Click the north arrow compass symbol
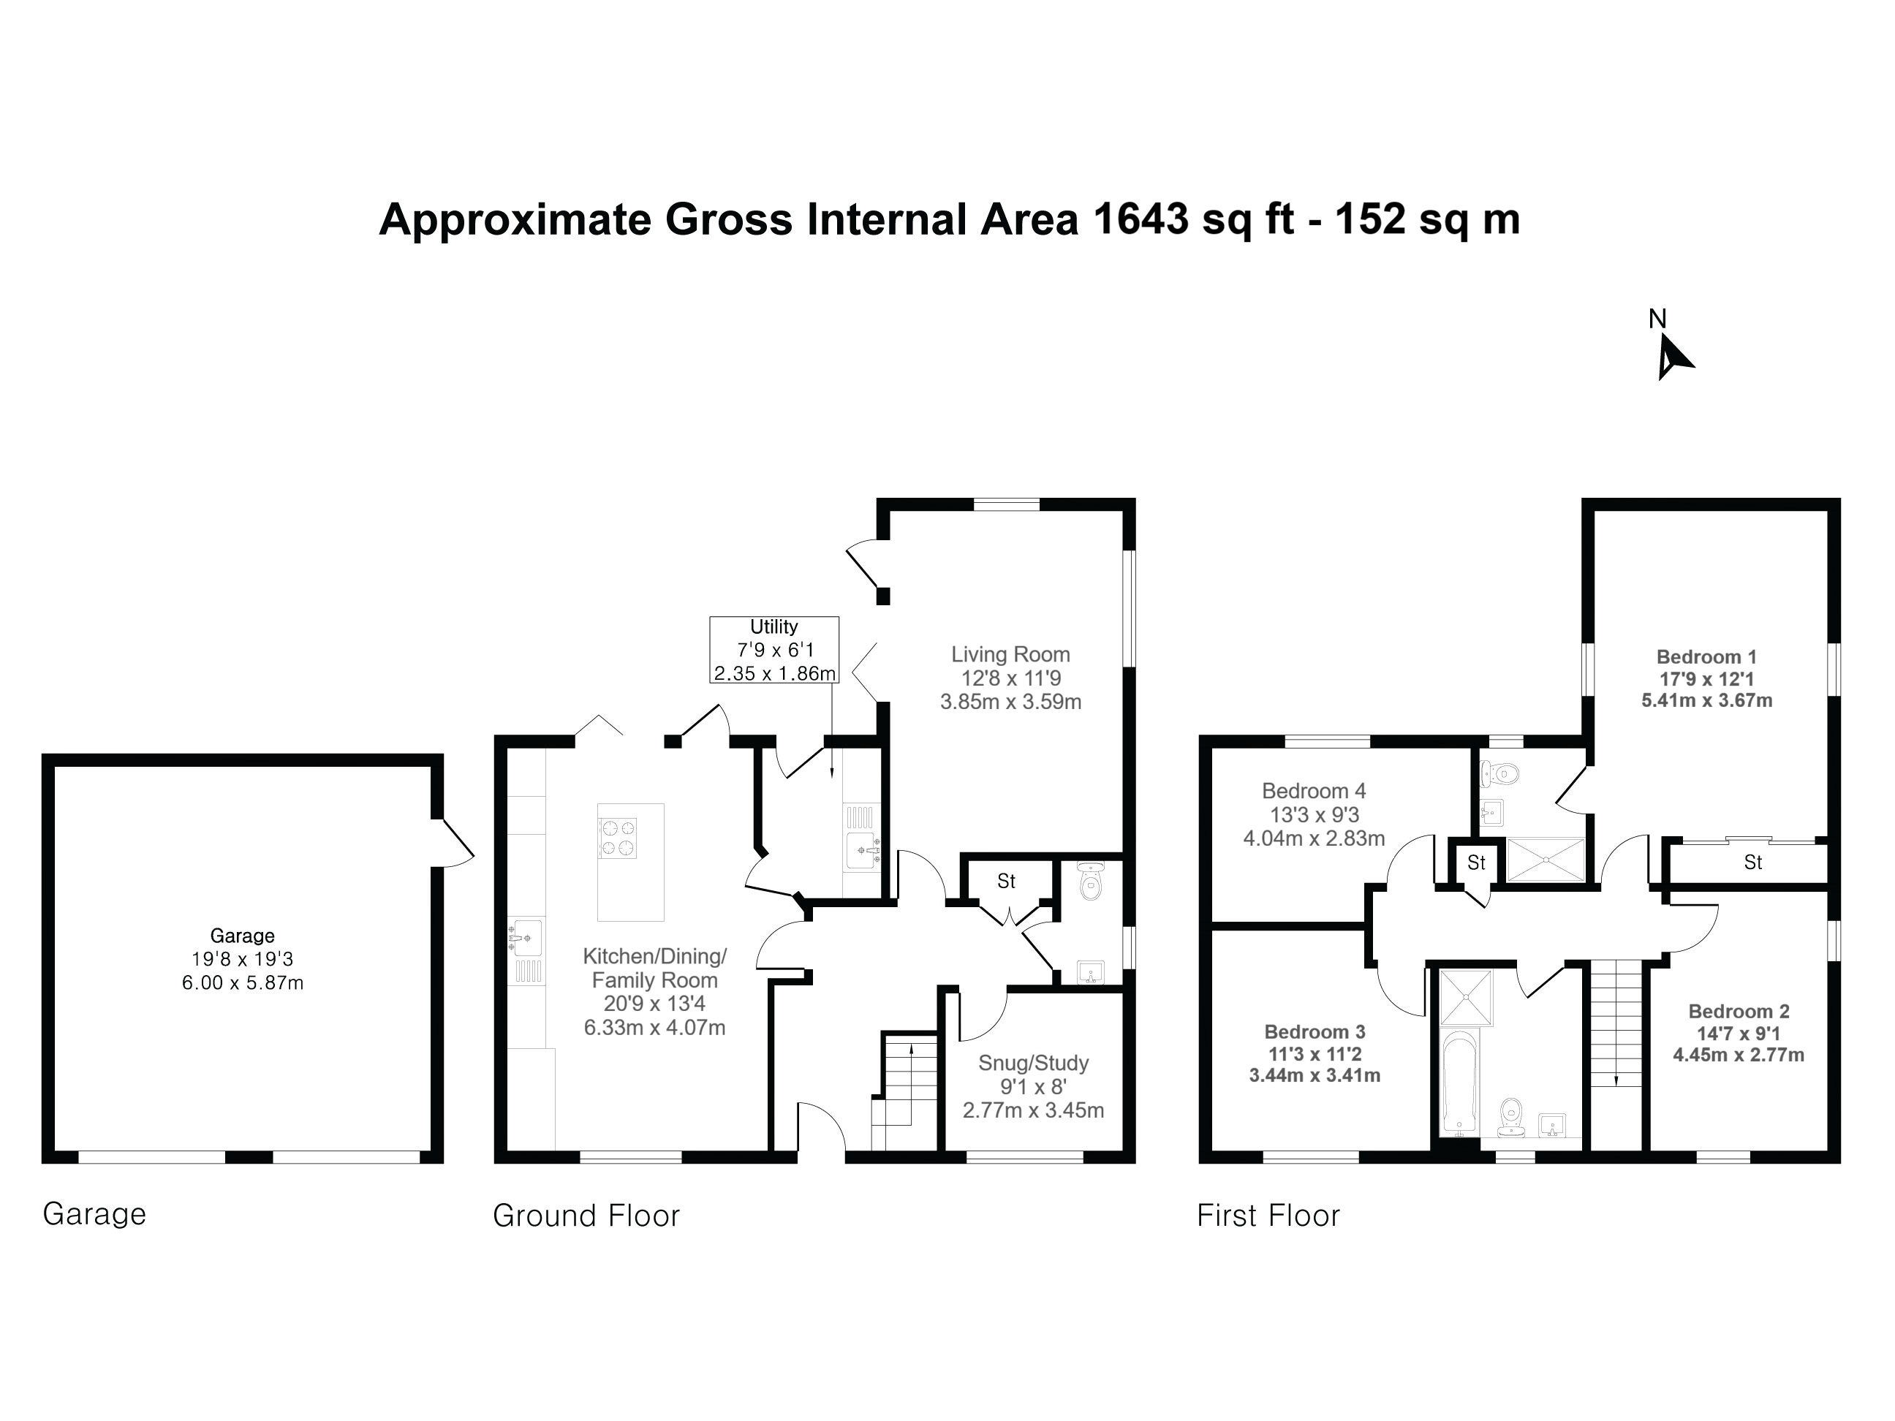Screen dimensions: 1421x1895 click(x=1673, y=355)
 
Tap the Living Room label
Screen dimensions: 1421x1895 click(x=1011, y=654)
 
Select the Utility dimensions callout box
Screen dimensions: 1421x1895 click(x=773, y=650)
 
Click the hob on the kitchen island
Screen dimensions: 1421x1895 click(x=617, y=838)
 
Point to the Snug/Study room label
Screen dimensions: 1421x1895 click(x=1033, y=1063)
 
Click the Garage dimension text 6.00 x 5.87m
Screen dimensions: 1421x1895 click(x=243, y=983)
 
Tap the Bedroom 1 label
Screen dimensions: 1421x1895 click(x=1706, y=657)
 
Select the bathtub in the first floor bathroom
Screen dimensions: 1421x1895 click(x=1460, y=1083)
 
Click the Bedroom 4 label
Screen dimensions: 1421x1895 click(x=1313, y=791)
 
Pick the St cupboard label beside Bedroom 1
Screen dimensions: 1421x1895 click(x=1752, y=863)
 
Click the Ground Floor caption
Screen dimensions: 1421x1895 click(x=586, y=1216)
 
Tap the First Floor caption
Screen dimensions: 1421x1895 click(x=1268, y=1216)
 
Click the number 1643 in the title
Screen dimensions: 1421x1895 click(x=1141, y=219)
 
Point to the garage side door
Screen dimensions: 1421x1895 click(x=454, y=843)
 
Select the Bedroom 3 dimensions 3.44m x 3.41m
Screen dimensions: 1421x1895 click(x=1315, y=1075)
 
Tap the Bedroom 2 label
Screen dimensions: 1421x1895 click(x=1739, y=1012)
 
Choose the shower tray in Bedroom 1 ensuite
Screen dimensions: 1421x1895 click(x=1545, y=859)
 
